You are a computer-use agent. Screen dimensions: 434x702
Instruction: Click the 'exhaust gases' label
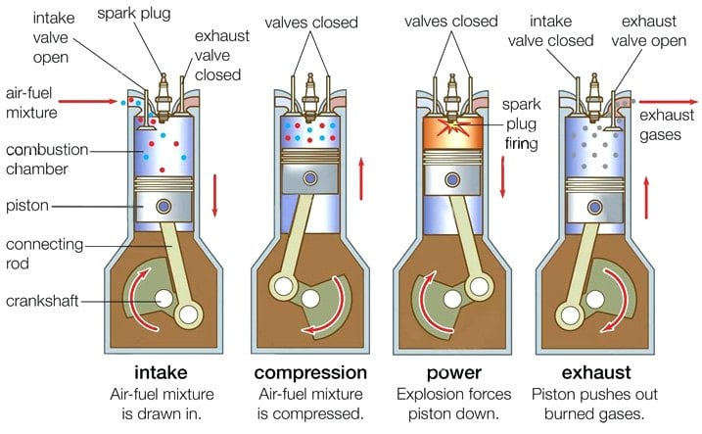664,125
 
